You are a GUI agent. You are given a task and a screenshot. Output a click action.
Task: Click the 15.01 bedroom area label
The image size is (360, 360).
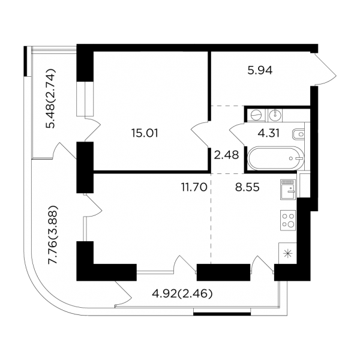[x=145, y=133]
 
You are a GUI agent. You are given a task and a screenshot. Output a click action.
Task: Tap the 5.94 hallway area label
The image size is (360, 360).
[x=260, y=70]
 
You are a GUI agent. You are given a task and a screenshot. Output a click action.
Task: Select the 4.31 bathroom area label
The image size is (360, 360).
[x=269, y=133]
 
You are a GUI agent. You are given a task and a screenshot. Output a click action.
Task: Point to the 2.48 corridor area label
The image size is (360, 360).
[x=226, y=155]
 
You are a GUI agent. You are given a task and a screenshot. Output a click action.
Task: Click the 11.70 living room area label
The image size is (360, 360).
[x=194, y=187]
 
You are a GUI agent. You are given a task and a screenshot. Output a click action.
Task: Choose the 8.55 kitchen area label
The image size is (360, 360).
[x=247, y=187]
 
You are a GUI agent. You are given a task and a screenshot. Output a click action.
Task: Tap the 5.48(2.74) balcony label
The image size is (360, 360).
[x=50, y=98]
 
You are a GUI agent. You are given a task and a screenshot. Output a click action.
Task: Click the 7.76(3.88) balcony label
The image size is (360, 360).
[x=53, y=235]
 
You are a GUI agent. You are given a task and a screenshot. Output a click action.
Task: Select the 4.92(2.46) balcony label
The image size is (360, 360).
[x=182, y=293]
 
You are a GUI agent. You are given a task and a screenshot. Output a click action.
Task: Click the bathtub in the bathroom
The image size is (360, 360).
[x=275, y=158]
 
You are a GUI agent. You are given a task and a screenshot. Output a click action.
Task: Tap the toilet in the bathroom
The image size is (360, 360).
[x=298, y=134]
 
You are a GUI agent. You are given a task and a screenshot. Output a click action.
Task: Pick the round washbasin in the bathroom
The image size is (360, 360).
[x=274, y=115]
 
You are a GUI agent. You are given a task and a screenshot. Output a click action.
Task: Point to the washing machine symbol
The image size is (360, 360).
[x=256, y=115]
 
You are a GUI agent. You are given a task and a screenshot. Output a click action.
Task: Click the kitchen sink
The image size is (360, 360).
[x=288, y=190]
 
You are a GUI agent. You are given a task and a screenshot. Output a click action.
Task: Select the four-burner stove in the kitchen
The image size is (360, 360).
[x=288, y=220]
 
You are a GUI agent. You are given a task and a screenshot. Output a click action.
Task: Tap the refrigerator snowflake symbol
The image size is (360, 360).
[x=287, y=254]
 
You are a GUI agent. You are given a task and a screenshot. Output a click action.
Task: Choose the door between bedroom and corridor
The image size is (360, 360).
[x=200, y=134]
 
